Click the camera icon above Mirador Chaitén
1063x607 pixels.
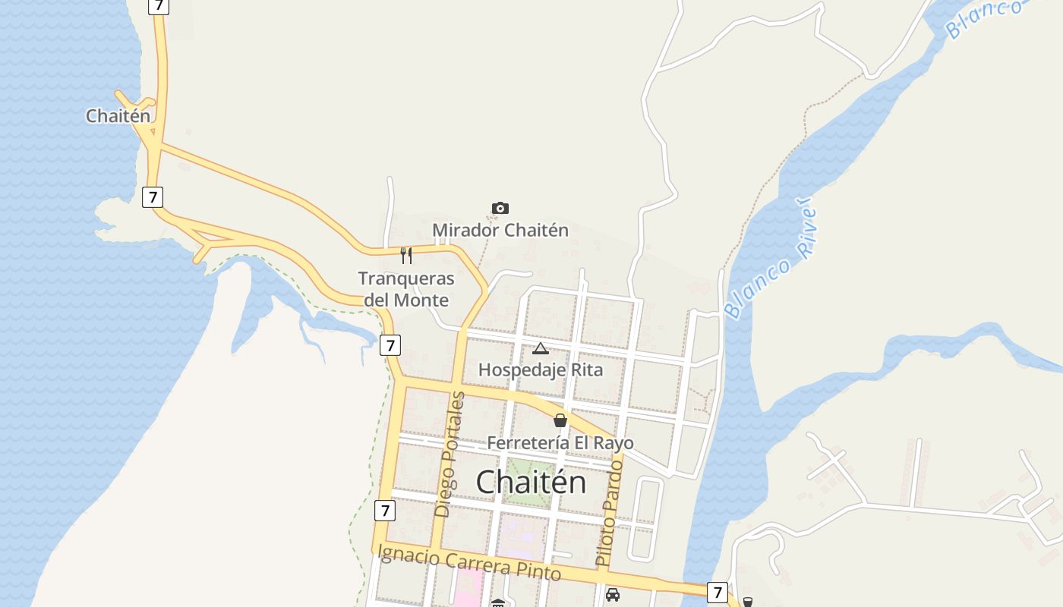pos(500,208)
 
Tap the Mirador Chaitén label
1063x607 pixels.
pos(500,230)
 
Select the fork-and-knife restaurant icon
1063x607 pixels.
pos(406,255)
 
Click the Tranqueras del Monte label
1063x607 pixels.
pos(406,289)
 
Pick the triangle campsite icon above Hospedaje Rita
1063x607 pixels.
pos(540,349)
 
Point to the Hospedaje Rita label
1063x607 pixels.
pos(540,370)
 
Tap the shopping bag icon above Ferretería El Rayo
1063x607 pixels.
pos(560,420)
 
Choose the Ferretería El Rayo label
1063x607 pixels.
pos(560,442)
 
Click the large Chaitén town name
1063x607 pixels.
pos(531,483)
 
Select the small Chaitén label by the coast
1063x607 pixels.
pos(118,116)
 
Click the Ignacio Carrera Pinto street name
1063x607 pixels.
pos(469,563)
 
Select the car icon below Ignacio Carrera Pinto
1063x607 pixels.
pos(613,595)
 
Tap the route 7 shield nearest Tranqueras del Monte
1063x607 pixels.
pos(390,346)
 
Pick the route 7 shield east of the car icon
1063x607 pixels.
pos(717,592)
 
